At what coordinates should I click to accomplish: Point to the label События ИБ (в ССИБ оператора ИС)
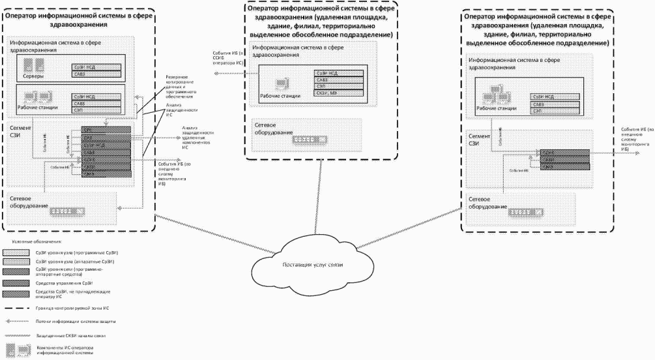click(x=231, y=59)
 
